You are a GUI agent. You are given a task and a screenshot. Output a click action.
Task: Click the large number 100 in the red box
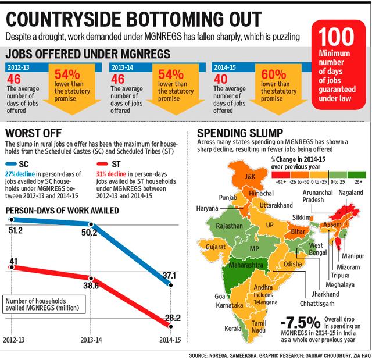tap(336, 37)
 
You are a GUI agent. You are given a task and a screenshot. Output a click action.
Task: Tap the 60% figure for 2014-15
tap(274, 74)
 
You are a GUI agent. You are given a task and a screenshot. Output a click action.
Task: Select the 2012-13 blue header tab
tap(18, 67)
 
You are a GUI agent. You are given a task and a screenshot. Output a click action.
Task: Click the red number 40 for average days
tap(220, 79)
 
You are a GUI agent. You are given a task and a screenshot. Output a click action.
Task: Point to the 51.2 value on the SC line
tap(16, 230)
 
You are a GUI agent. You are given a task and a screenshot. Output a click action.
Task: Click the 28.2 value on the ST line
tap(173, 318)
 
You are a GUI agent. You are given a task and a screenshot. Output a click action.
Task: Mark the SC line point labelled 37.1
tap(170, 285)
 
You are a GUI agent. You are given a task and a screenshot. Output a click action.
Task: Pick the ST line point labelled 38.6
tap(91, 279)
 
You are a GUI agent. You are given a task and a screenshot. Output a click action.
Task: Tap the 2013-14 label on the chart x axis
tap(91, 340)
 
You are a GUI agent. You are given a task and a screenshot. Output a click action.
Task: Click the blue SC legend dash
tap(10, 164)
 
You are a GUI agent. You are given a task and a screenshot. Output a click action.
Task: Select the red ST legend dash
tap(102, 164)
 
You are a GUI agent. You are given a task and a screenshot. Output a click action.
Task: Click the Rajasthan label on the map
tap(229, 226)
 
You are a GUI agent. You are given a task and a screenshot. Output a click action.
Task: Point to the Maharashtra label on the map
tap(246, 265)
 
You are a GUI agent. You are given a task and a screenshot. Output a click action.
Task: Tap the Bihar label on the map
tap(298, 231)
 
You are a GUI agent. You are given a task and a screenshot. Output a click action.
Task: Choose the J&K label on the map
tap(250, 176)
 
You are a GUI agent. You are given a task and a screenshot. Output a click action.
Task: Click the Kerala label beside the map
tap(233, 329)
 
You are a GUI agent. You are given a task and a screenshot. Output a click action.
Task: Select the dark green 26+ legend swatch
tap(356, 174)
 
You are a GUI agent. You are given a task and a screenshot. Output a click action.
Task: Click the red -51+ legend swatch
tap(281, 174)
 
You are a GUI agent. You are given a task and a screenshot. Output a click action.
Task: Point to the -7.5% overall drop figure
tap(301, 323)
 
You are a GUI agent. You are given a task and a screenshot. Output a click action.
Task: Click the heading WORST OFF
tap(34, 133)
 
